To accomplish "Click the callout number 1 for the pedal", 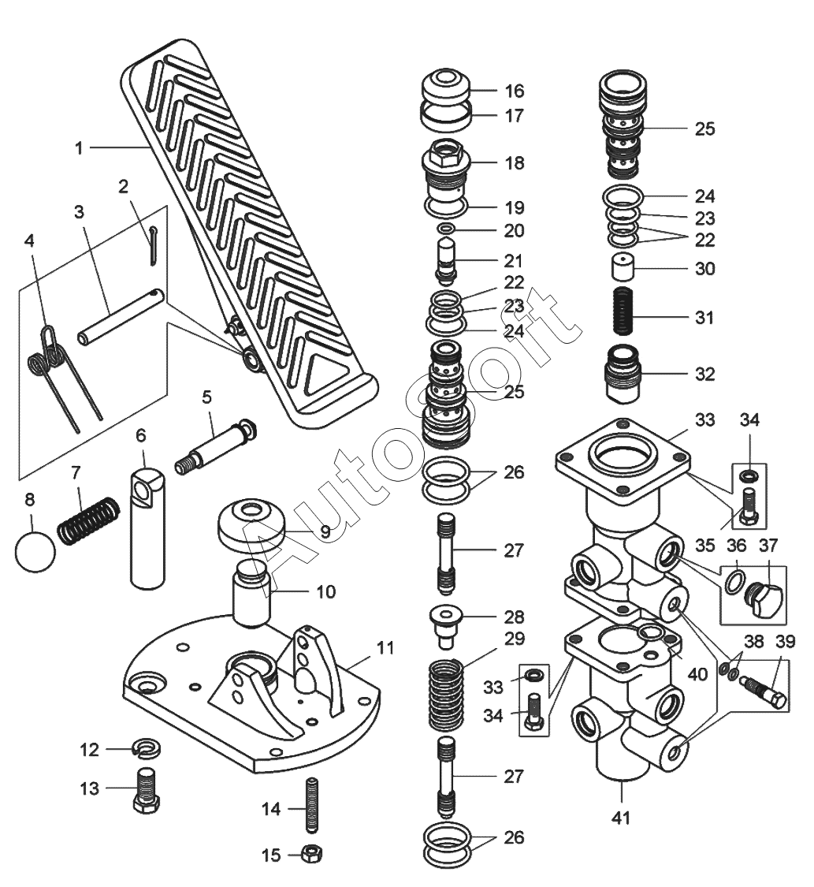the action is click(79, 148).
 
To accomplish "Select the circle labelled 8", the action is click(35, 551).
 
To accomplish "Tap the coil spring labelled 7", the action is click(89, 521).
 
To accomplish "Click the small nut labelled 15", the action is click(310, 853).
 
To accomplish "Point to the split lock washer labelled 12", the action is click(147, 749).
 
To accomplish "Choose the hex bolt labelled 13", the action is click(147, 791).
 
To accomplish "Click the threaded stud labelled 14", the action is click(312, 806).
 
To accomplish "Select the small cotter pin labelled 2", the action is click(154, 245).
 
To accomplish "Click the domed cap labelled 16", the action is click(446, 86).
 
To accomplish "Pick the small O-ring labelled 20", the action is click(446, 229).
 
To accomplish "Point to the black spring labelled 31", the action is click(624, 311).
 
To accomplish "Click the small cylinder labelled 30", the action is click(623, 266).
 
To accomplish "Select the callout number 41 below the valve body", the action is click(621, 817).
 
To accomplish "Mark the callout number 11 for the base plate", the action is click(385, 648).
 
